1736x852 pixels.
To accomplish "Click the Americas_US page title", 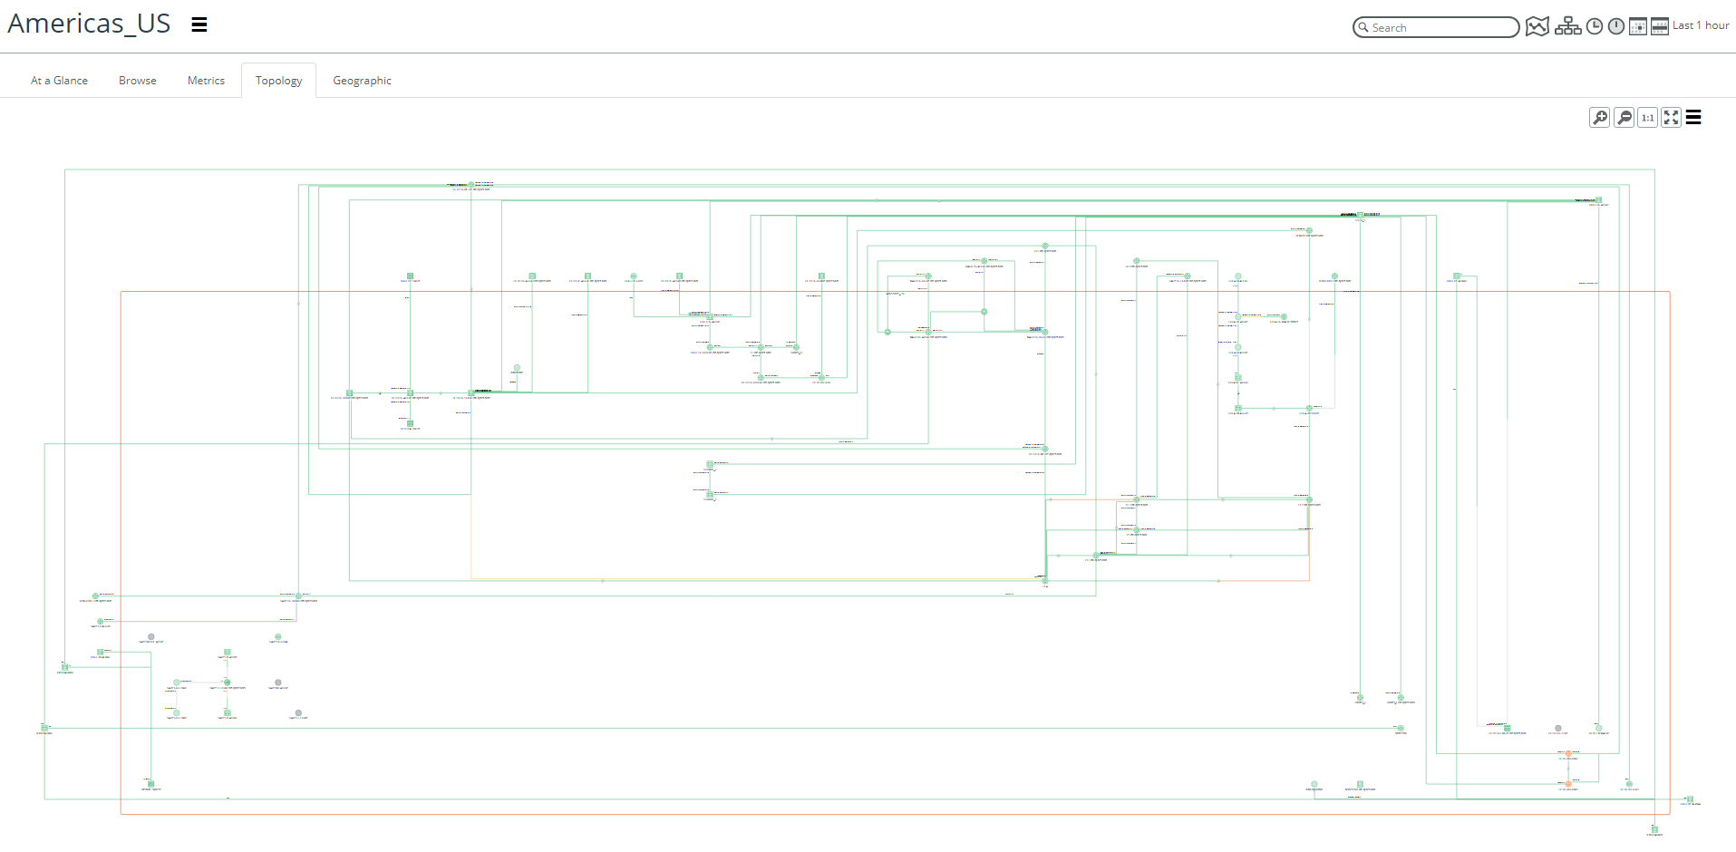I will (x=89, y=24).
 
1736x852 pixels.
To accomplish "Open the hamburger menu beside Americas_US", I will (x=199, y=24).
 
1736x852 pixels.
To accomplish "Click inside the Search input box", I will (x=1441, y=28).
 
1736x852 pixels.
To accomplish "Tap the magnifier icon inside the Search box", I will (x=1363, y=28).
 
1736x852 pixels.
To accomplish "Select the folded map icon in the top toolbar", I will (x=1537, y=26).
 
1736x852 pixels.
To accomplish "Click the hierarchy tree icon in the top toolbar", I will (x=1567, y=26).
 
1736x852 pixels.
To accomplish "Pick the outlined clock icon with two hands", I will (x=1595, y=26).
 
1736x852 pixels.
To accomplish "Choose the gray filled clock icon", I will (x=1616, y=26).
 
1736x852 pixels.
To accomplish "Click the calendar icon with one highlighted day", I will (x=1638, y=26).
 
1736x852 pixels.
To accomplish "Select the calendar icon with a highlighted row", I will (x=1660, y=26).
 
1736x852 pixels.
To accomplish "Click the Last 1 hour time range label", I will (x=1701, y=25).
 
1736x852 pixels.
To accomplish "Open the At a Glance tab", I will (x=59, y=81).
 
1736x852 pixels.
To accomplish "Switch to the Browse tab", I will (x=138, y=81).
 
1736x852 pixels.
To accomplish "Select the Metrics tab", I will (x=206, y=81).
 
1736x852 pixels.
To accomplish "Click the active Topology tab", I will (x=278, y=81).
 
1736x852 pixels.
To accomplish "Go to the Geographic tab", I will (x=362, y=81).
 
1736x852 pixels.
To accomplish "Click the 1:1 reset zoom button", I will (x=1648, y=118).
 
